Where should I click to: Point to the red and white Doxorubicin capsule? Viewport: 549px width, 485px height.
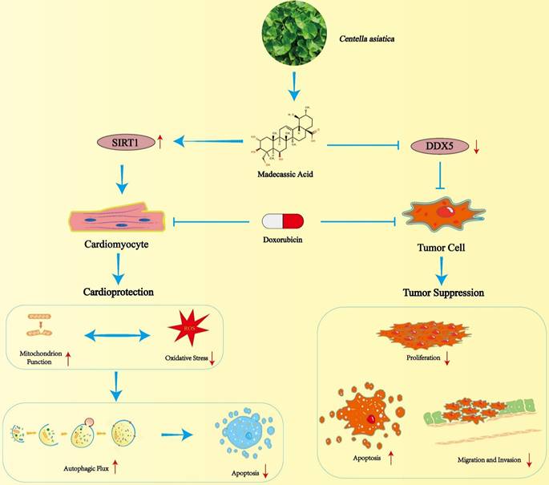[285, 221]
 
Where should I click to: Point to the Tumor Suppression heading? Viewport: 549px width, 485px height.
[443, 292]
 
